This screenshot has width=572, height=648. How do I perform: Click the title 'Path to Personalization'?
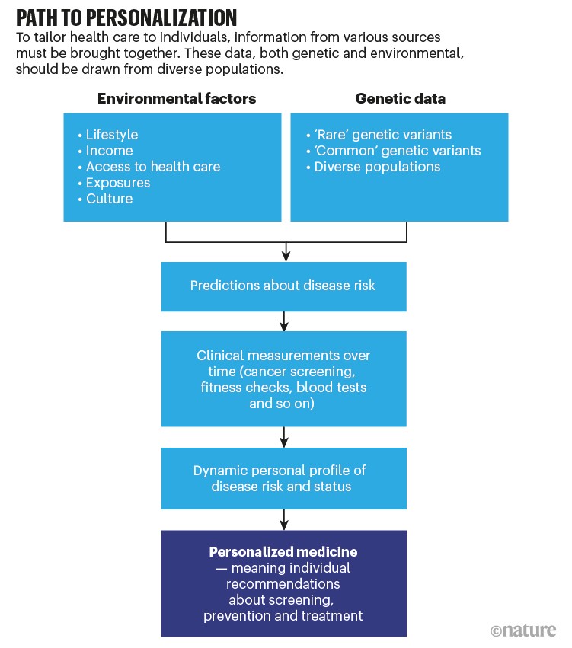[126, 18]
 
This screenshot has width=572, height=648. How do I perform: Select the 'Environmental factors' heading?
[177, 98]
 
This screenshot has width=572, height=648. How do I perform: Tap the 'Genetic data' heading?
[401, 98]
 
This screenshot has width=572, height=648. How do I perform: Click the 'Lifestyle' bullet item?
[111, 135]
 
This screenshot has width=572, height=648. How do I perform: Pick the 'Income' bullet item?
[109, 151]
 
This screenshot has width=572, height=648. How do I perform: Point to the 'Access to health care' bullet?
[152, 167]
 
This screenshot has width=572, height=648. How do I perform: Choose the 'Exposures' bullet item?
[118, 183]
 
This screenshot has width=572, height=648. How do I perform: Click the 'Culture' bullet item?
[109, 199]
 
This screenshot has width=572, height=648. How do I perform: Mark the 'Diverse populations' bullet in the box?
[377, 167]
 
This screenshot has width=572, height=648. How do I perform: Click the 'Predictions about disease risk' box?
[283, 286]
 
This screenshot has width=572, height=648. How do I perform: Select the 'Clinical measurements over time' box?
[283, 379]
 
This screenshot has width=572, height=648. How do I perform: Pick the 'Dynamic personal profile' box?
[283, 477]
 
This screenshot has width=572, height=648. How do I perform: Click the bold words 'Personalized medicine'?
[283, 551]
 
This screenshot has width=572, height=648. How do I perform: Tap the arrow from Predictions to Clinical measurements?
[284, 321]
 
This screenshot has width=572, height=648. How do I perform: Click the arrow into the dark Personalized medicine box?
[284, 521]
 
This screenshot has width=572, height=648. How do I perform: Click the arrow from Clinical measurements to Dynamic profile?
[284, 437]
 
